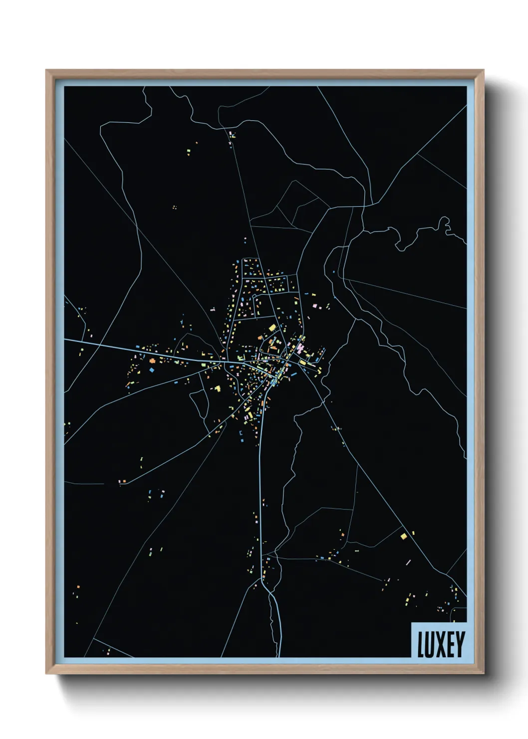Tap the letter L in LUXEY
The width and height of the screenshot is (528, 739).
tap(420, 644)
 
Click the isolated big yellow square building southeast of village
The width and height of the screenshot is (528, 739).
tap(404, 536)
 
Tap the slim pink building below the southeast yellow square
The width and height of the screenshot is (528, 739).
tap(408, 562)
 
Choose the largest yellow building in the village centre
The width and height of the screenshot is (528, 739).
tap(272, 328)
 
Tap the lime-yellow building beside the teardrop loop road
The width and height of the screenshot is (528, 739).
tap(217, 388)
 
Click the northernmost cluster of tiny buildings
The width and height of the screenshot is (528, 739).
tap(232, 134)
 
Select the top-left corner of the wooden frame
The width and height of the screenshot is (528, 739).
tap(47, 70)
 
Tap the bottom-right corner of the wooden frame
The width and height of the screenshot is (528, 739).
tap(483, 674)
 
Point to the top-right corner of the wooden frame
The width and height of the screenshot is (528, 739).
tap(483, 70)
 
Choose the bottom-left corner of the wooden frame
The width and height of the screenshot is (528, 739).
tap(47, 674)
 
